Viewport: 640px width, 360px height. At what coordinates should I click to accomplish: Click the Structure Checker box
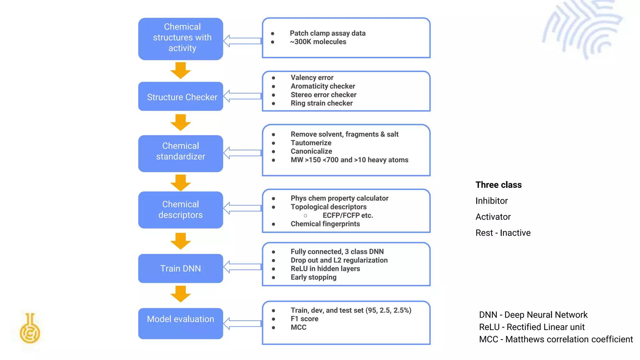click(181, 97)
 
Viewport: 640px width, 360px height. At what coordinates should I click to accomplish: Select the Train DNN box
click(181, 268)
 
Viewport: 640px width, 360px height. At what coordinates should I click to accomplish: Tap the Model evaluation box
click(181, 323)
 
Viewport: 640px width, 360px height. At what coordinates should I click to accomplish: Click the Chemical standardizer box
click(181, 153)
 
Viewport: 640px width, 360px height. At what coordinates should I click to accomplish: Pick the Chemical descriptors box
click(181, 210)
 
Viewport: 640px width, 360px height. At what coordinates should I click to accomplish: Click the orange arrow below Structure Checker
click(181, 122)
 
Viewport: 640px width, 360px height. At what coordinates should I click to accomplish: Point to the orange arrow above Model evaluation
click(181, 294)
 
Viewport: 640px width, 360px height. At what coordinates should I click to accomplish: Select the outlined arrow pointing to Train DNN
click(242, 267)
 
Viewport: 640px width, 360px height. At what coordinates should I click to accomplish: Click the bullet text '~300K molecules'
click(318, 42)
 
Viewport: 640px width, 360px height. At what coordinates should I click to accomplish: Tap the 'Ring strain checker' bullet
click(322, 103)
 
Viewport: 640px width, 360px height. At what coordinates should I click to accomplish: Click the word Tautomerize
click(311, 143)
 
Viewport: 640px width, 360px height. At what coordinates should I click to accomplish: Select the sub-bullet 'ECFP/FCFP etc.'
click(347, 215)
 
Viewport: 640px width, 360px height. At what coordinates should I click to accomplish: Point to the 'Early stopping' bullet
click(313, 277)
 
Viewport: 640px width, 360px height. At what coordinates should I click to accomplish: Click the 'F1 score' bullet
click(304, 319)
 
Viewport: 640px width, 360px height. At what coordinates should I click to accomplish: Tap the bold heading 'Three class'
click(498, 185)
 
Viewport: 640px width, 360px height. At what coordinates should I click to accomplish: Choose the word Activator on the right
click(493, 217)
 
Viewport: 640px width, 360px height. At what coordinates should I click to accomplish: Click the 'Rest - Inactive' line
click(503, 233)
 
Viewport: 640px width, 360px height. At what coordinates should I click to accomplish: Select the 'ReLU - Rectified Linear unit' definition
click(532, 327)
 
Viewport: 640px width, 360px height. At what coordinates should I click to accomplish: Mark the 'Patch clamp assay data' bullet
click(327, 33)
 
